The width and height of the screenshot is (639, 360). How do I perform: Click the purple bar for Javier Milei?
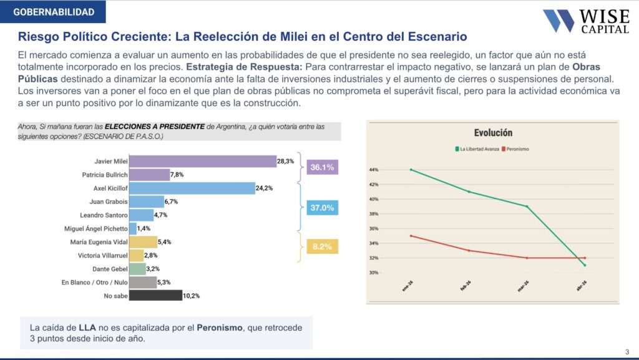point(203,161)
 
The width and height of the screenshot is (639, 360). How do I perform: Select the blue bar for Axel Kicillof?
point(192,188)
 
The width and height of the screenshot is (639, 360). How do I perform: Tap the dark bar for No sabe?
point(155,296)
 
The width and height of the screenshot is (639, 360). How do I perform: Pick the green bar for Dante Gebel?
point(137,269)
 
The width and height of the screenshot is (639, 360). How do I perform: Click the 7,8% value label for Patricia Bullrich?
point(177,175)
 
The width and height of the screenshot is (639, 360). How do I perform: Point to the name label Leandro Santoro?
point(104,215)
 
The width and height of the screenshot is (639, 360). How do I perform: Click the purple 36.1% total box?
point(323,167)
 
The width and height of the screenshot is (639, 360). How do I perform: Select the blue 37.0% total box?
point(323,208)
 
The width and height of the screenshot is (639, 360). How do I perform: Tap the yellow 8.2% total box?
point(323,246)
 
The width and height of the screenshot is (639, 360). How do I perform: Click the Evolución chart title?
point(493,133)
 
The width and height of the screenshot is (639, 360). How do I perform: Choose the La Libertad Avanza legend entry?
point(477,149)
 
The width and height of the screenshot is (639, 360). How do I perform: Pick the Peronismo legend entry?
point(515,149)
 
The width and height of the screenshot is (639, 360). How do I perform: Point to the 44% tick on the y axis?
point(374,170)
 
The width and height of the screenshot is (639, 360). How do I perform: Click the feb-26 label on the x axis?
point(466,286)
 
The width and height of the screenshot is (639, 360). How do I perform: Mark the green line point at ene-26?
point(411,170)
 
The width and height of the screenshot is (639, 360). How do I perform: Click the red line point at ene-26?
point(411,236)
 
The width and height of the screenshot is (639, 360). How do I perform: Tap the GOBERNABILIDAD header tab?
point(53,12)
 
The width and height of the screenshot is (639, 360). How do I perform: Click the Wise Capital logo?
point(586,21)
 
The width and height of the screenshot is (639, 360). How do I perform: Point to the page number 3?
point(627,352)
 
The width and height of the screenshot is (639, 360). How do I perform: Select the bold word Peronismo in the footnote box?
point(220,328)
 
